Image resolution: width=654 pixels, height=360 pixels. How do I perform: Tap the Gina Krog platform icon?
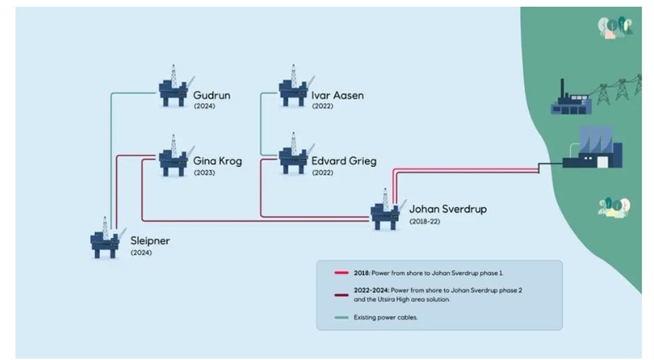point(173,158)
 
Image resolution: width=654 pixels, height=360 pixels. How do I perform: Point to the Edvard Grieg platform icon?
point(293,157)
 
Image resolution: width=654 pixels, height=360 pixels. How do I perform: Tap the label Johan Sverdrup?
point(448,208)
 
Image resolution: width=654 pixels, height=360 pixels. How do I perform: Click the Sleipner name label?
point(150,241)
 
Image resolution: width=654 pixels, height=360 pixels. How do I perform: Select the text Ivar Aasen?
point(337,95)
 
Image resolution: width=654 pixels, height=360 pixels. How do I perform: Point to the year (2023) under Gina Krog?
point(204,173)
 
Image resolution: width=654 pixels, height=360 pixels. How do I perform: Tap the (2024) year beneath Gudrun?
point(204,106)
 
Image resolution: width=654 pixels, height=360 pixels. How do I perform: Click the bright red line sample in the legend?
point(342,272)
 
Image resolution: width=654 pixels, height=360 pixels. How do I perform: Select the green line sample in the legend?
point(342,317)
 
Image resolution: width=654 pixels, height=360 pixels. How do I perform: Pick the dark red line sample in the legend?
point(342,294)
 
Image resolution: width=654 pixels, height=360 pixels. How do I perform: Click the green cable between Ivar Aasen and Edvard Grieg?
point(261,126)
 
